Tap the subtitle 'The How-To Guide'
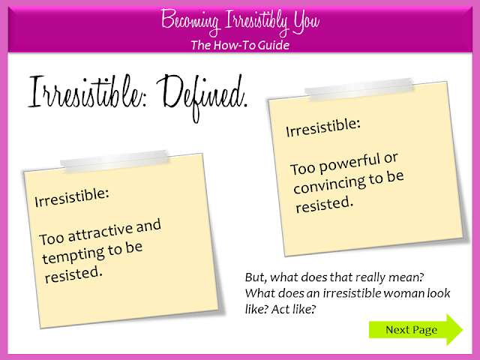(239, 45)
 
